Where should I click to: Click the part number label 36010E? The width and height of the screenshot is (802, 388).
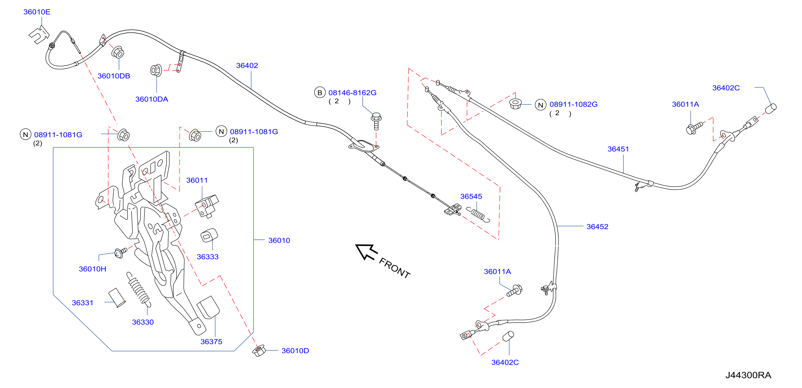point(37,12)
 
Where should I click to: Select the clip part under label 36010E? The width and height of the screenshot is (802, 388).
point(39,34)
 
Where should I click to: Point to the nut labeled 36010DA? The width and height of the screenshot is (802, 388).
point(156,70)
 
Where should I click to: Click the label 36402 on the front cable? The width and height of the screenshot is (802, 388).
point(247,65)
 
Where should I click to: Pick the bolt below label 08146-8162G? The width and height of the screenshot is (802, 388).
point(376,121)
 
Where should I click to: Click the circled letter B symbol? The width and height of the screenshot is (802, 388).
point(320,93)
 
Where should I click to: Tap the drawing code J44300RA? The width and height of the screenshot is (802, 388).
point(748,375)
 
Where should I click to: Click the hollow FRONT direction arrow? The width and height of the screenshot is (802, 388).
point(366,251)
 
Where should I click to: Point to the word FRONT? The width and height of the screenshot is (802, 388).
point(394,268)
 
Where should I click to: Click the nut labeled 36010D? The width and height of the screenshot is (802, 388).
point(258,351)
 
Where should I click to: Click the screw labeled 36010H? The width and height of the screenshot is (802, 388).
point(121,253)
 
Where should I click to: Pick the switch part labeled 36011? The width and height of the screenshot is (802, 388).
point(207,206)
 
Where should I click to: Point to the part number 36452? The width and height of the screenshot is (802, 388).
point(597,227)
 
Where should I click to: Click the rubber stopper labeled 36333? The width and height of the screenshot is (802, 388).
point(209,236)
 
